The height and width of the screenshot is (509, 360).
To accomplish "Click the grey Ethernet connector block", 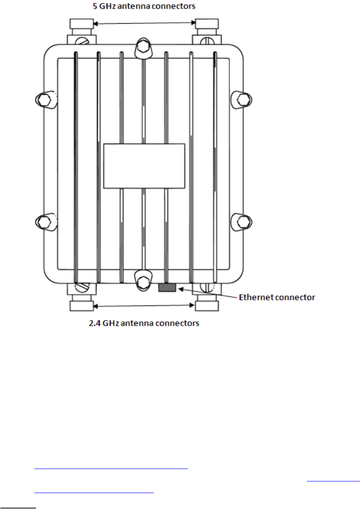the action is click(x=167, y=287).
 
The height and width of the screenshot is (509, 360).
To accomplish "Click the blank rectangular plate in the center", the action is click(x=144, y=166).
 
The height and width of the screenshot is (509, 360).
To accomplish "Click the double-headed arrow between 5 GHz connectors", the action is click(x=144, y=23).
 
